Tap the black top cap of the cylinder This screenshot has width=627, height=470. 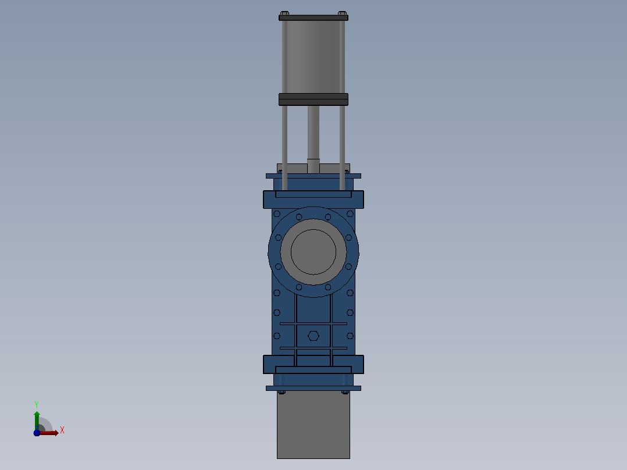point(313,17)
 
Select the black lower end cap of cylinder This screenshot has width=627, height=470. point(313,99)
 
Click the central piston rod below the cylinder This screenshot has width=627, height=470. point(313,133)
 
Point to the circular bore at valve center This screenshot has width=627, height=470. point(313,252)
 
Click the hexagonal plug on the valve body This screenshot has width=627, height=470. point(313,336)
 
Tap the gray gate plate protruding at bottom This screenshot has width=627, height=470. point(313,425)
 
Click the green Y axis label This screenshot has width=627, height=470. point(37,405)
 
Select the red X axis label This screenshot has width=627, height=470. point(62,430)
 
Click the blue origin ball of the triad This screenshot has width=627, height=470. point(37,433)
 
